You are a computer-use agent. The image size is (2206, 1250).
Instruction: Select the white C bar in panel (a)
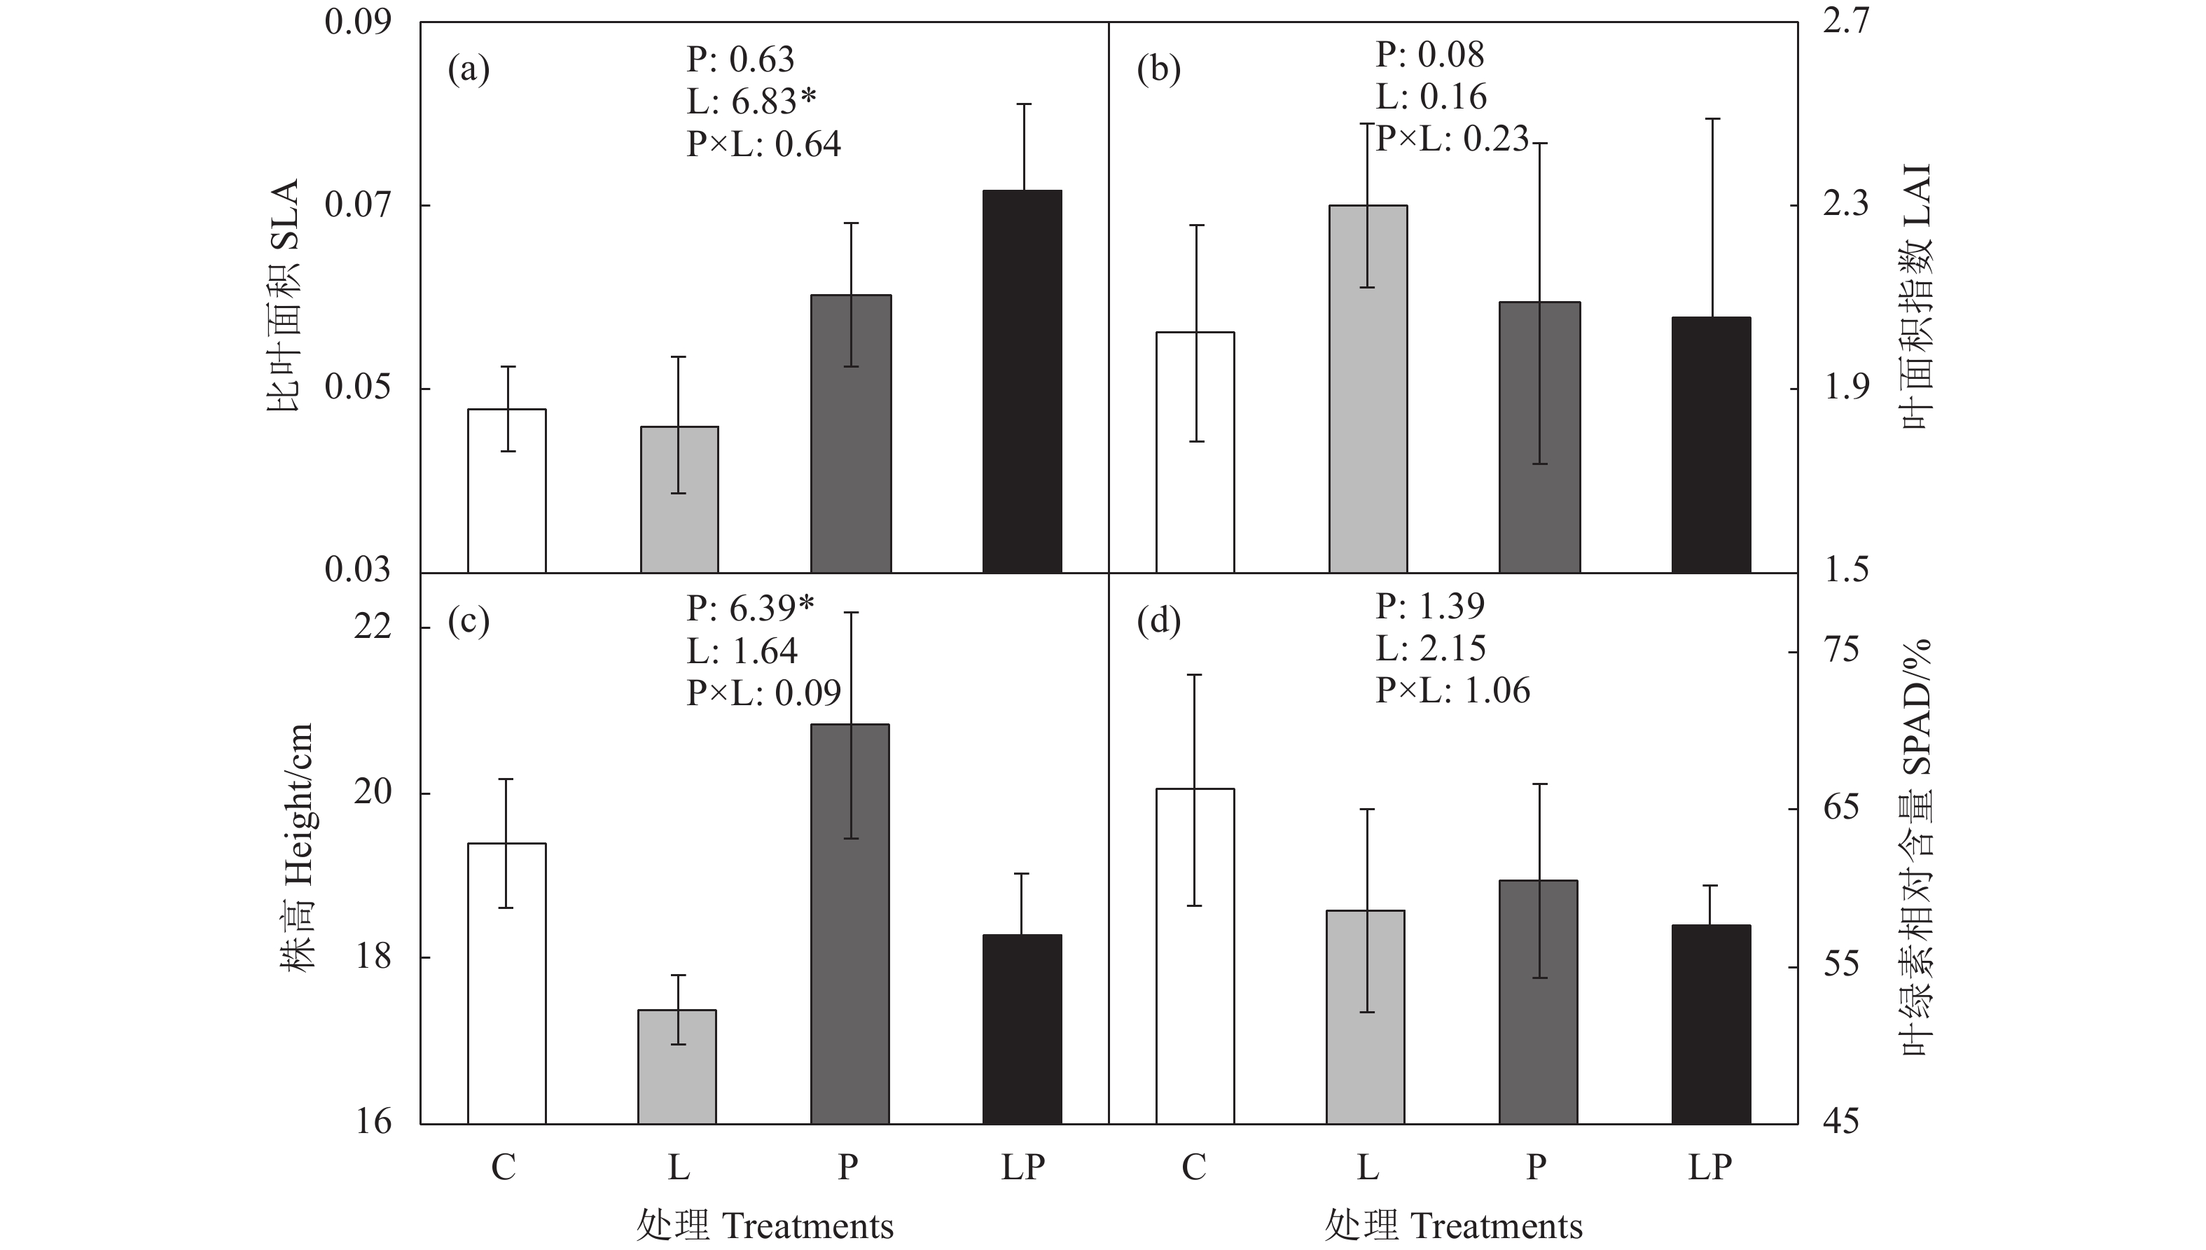(506, 490)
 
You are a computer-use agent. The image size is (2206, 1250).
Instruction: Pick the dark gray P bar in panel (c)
(849, 924)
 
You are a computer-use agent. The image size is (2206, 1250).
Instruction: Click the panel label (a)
(469, 69)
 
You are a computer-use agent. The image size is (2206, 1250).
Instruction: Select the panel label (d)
(1158, 620)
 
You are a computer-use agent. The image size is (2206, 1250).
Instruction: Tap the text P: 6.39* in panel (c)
(749, 609)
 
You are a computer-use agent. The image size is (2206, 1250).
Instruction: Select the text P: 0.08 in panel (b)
(1429, 55)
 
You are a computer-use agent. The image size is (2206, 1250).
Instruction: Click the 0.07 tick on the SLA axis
(357, 205)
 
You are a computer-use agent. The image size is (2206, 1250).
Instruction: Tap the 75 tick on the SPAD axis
(1840, 651)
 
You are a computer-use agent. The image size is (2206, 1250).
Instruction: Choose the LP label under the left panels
(1022, 1167)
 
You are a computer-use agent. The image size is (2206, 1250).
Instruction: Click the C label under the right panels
(1194, 1167)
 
